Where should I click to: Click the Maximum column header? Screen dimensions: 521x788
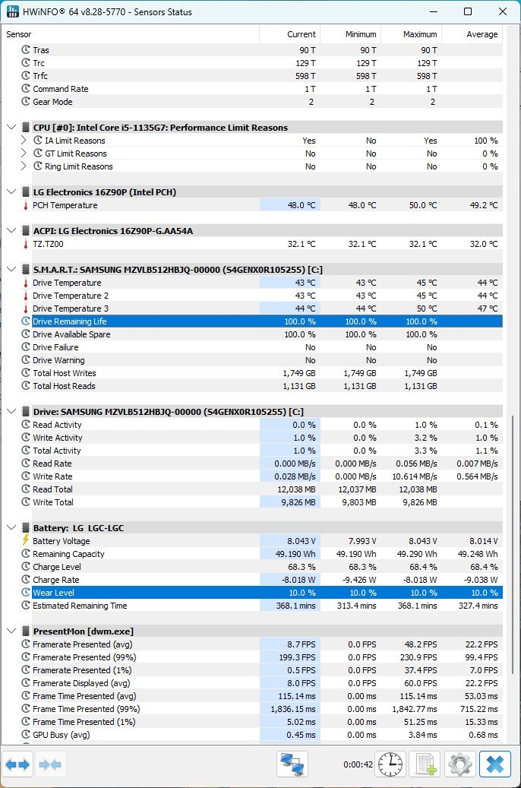[x=419, y=34]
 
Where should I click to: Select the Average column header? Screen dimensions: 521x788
[x=482, y=34]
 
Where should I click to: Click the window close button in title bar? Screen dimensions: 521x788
[x=503, y=11]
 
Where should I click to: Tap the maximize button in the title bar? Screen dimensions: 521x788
[x=468, y=11]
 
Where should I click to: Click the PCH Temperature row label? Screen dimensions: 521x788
[x=65, y=205]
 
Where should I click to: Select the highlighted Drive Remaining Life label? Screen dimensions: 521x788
[x=69, y=321]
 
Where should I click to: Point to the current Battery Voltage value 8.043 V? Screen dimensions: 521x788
[x=302, y=541]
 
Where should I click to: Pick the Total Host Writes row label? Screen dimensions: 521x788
[x=65, y=373]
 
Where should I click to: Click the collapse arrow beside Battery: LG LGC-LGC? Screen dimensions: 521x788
[x=11, y=527]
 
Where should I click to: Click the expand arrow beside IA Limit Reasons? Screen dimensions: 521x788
[x=24, y=141]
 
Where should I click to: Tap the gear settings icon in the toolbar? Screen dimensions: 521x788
[x=459, y=764]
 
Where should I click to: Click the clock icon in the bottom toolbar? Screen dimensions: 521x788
[x=390, y=764]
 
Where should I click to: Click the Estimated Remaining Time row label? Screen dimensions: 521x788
[x=80, y=606]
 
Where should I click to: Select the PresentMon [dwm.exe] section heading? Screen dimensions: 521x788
[x=83, y=631]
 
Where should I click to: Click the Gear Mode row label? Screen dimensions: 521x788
[x=52, y=102]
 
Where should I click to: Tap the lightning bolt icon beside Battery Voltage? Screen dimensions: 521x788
[x=26, y=540]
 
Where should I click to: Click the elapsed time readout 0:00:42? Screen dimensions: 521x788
[x=358, y=764]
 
